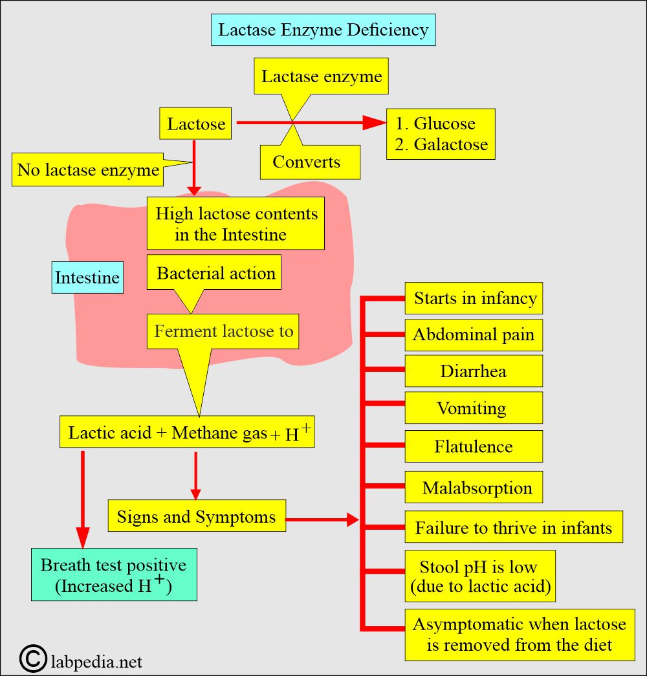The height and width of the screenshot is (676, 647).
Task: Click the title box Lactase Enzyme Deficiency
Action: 323,30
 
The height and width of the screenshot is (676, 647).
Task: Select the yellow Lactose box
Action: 195,124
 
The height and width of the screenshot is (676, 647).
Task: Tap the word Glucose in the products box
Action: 444,124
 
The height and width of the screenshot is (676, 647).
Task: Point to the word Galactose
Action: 451,144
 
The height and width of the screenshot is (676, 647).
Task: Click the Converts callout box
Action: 310,162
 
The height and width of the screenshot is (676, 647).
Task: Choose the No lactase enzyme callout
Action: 87,169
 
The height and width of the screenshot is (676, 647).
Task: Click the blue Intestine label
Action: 87,278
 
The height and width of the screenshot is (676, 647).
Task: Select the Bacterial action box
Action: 214,272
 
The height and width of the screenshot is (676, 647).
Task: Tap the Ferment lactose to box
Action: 223,331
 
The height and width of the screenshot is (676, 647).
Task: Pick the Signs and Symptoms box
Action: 197,516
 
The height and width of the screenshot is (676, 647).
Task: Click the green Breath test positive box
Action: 114,574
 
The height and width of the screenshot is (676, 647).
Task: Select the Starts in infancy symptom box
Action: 474,298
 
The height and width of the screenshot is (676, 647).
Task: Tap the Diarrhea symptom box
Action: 474,371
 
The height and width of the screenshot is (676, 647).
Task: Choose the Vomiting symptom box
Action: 474,408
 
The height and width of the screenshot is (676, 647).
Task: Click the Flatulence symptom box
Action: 474,446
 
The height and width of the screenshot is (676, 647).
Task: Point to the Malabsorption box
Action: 474,487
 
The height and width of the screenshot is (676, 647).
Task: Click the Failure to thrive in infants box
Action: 514,527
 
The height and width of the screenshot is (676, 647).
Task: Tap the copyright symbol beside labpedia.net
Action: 32,659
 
